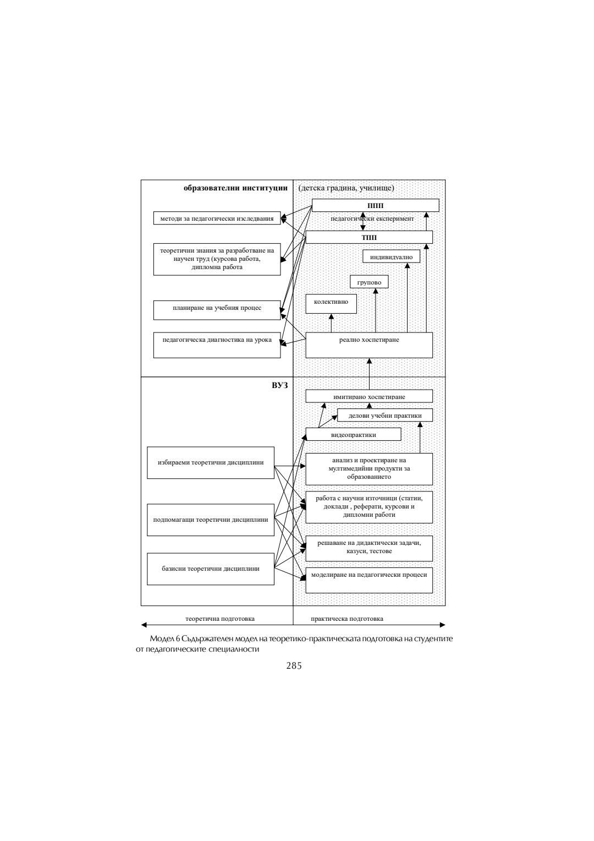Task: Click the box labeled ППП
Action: click(x=375, y=205)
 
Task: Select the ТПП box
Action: click(x=369, y=237)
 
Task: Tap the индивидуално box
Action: click(x=391, y=256)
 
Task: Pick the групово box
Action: click(x=369, y=282)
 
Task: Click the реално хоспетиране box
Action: click(x=369, y=345)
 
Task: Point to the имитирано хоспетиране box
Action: click(x=369, y=396)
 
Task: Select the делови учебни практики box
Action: click(x=384, y=415)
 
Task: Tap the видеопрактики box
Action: click(x=353, y=434)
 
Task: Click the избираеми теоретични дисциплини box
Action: click(x=211, y=462)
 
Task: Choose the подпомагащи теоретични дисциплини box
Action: click(x=211, y=520)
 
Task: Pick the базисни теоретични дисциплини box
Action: click(x=211, y=569)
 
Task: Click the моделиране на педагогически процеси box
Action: click(x=369, y=580)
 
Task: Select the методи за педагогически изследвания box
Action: click(x=217, y=219)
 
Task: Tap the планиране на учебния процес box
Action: click(x=217, y=309)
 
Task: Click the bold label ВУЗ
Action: click(x=279, y=385)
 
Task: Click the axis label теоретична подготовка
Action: click(x=220, y=619)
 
